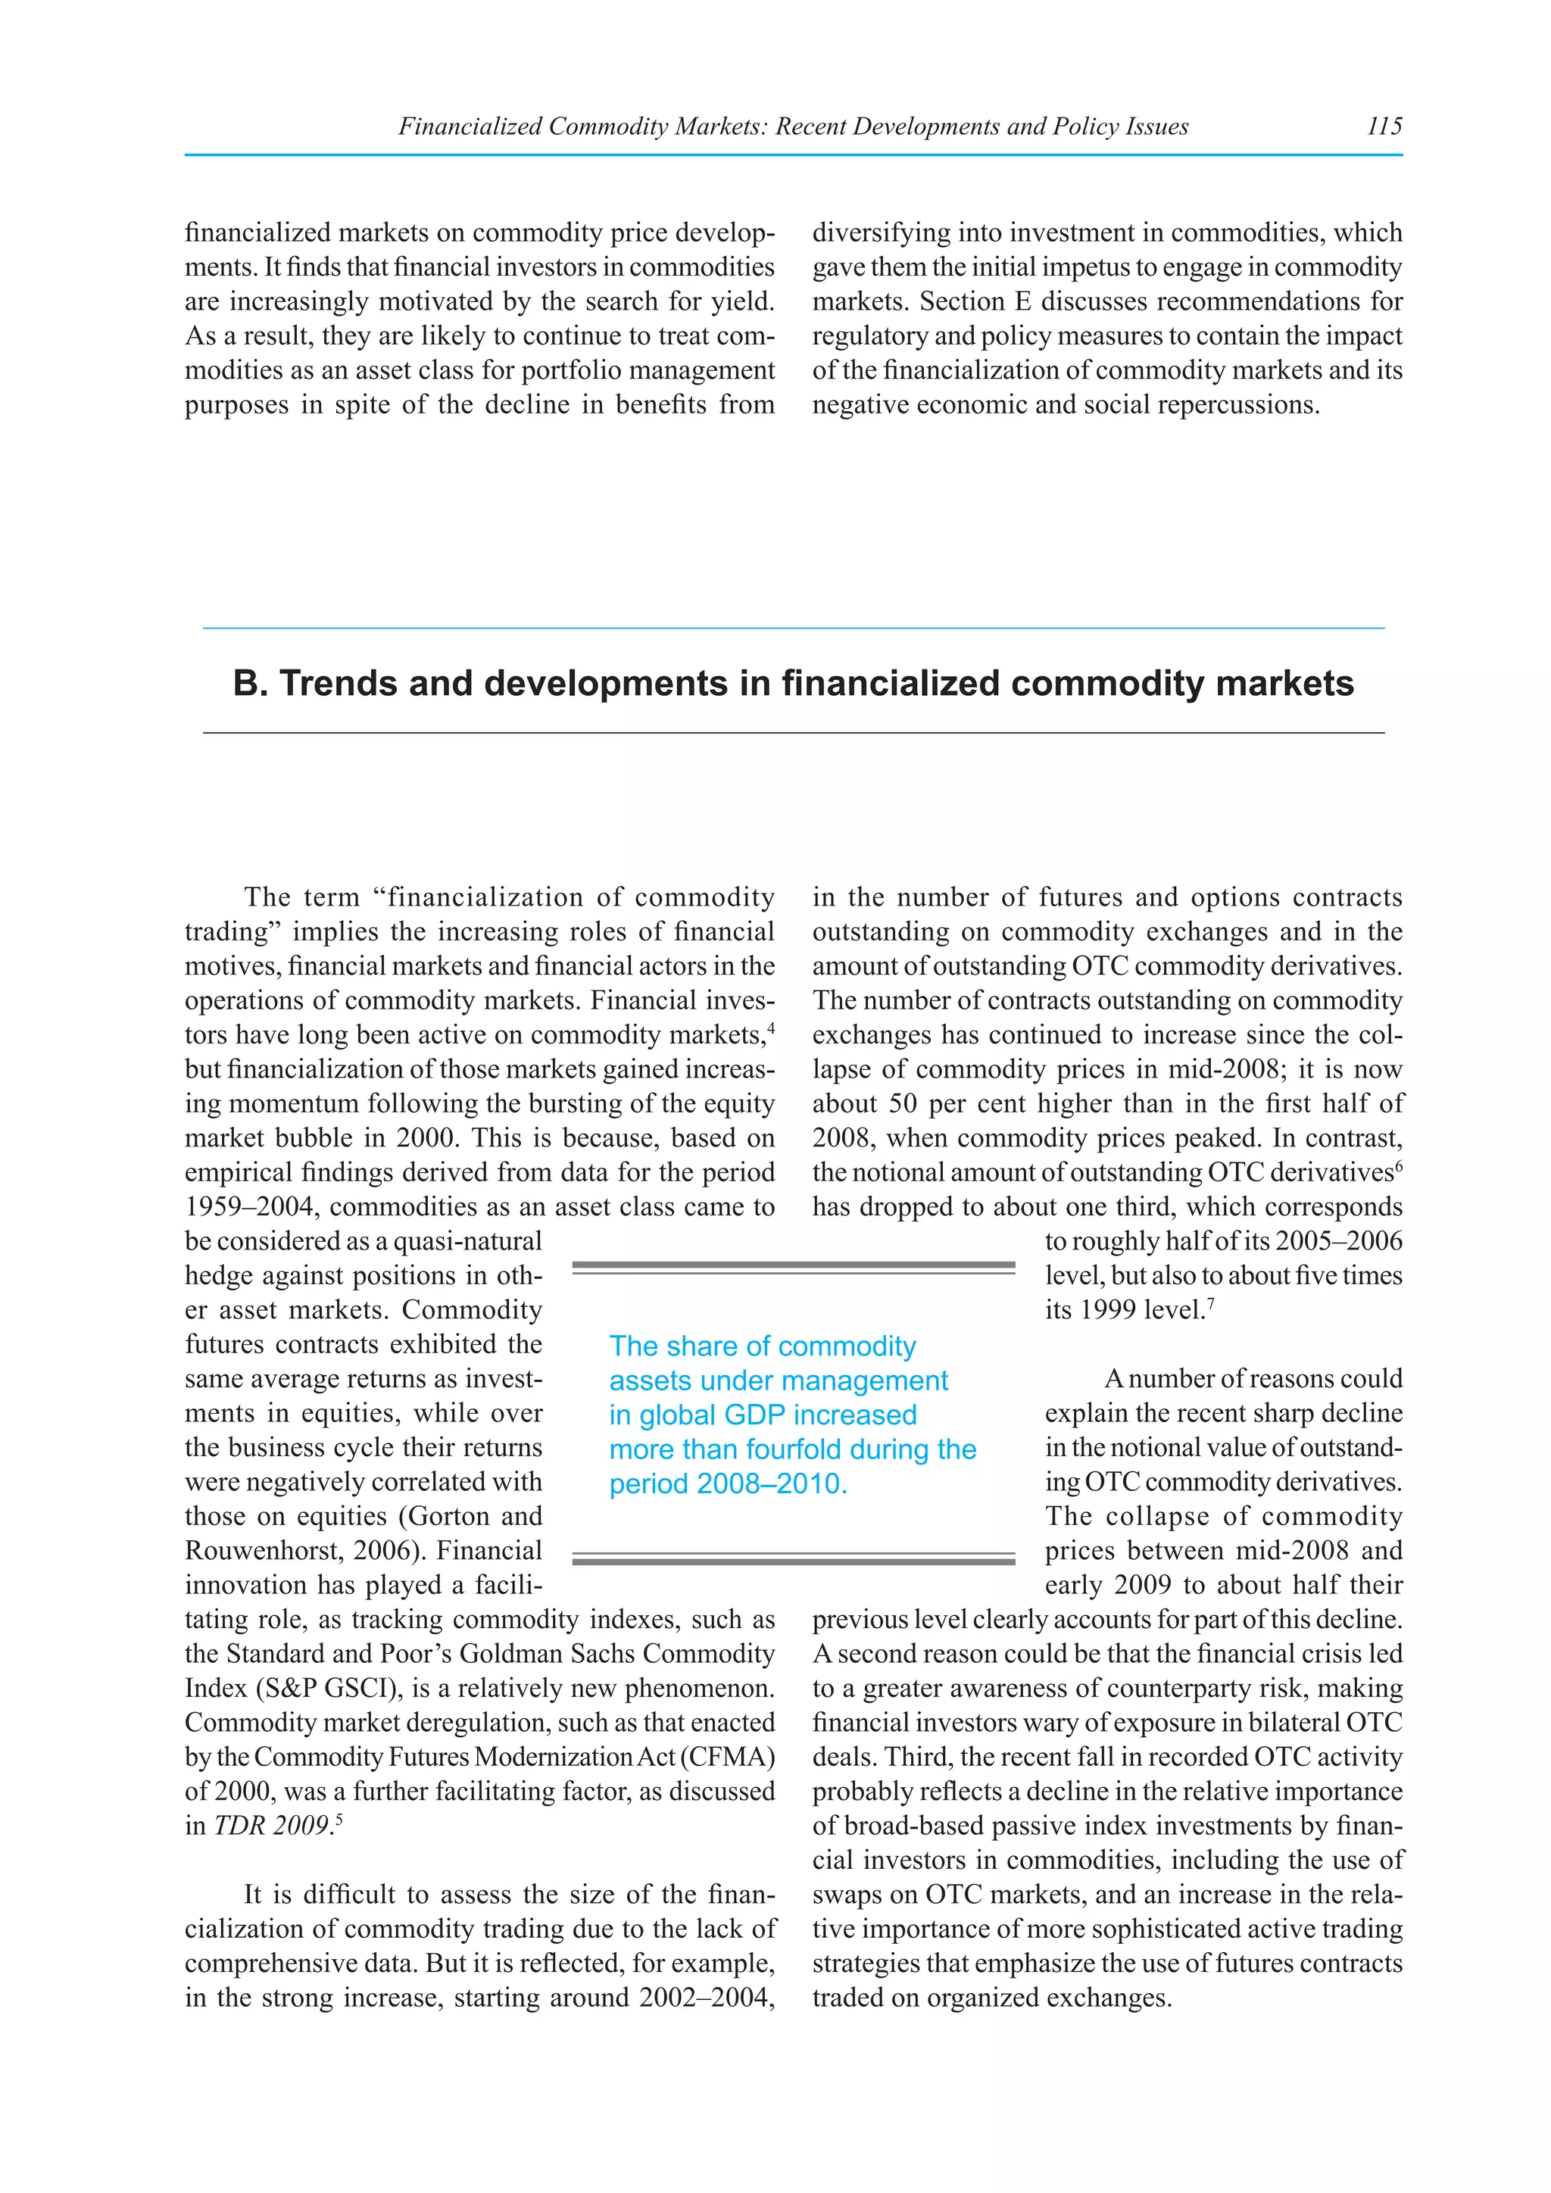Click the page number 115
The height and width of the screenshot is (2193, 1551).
(x=1384, y=126)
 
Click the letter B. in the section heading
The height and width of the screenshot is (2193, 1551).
(x=250, y=684)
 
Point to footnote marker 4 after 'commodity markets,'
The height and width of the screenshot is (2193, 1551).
(x=769, y=1028)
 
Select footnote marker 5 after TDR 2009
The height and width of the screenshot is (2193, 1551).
(x=339, y=1819)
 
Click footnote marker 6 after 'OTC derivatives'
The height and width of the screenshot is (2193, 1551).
(x=1398, y=1165)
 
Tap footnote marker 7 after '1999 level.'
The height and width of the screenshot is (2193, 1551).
(x=1210, y=1302)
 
